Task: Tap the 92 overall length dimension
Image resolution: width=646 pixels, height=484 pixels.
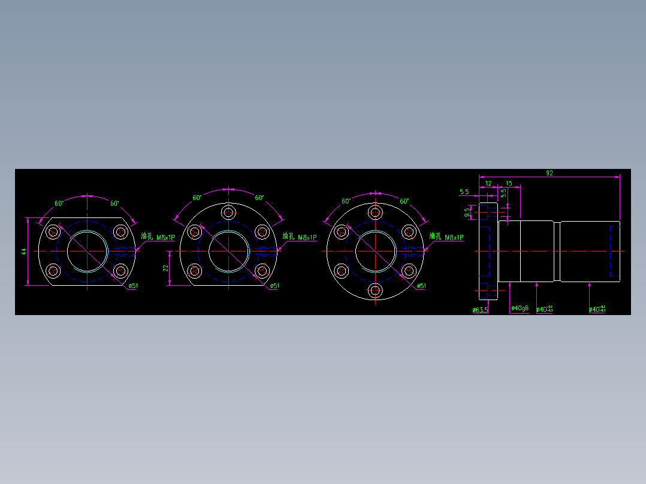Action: [x=549, y=173]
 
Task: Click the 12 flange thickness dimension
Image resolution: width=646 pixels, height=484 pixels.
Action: [x=488, y=183]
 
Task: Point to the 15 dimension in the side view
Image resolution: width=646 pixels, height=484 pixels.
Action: [x=509, y=183]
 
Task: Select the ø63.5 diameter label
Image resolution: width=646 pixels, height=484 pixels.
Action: [x=480, y=310]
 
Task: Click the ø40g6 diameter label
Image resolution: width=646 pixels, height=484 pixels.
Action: [x=520, y=308]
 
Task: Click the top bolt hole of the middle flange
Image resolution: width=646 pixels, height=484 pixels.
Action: [x=228, y=212]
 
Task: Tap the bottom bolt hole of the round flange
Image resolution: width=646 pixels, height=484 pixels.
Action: [x=375, y=291]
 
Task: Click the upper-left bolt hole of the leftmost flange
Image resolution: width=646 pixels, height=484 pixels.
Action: [x=54, y=232]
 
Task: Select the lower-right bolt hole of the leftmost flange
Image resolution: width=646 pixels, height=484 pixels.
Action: [x=121, y=271]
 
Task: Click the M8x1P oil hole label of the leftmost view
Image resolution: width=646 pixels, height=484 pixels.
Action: [x=158, y=237]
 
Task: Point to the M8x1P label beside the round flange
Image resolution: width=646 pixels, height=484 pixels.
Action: [x=447, y=237]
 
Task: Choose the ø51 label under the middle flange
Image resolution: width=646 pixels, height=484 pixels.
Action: [x=274, y=286]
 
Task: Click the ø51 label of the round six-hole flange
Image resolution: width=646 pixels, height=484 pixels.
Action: [x=421, y=286]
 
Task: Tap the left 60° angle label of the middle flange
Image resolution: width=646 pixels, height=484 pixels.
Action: [x=197, y=198]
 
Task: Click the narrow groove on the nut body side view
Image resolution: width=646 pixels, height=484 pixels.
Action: [x=557, y=252]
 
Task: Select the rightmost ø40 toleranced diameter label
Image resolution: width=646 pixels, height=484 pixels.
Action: [x=597, y=309]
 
